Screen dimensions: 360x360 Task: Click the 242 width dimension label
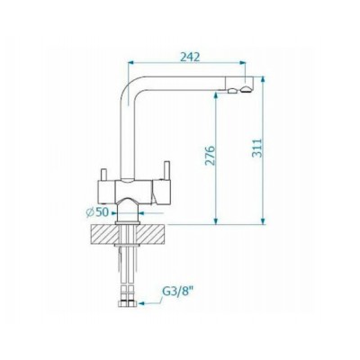pyautogui.click(x=190, y=57)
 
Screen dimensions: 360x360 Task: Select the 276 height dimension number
pyautogui.click(x=210, y=156)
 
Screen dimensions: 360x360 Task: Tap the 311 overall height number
pyautogui.click(x=256, y=148)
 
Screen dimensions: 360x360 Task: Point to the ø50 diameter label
pyautogui.click(x=97, y=212)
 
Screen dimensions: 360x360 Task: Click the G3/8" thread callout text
pyautogui.click(x=177, y=292)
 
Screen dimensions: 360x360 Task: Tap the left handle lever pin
pyautogui.click(x=103, y=175)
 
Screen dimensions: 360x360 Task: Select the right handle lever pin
pyautogui.click(x=166, y=171)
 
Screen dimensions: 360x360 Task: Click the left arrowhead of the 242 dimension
pyautogui.click(x=130, y=63)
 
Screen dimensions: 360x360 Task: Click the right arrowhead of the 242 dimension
pyautogui.click(x=242, y=63)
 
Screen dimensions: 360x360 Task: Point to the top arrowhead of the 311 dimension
pyautogui.click(x=263, y=79)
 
